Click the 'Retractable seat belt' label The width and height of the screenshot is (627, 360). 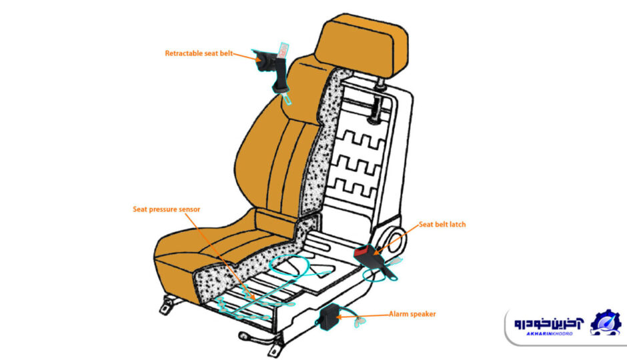point(199,53)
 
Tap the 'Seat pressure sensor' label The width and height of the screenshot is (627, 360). point(166,209)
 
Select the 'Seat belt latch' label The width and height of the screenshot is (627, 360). point(442,225)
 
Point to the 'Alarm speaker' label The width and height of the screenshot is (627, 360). point(412,314)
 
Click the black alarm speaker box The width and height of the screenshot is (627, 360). point(330,317)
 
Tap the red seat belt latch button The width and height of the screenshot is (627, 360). point(362,251)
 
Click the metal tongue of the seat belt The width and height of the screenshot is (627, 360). point(287,97)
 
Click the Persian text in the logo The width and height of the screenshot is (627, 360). point(548,323)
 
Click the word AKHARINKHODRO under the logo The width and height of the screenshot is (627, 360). point(549,333)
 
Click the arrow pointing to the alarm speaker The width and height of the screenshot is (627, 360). point(363,316)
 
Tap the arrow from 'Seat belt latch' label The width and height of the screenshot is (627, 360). point(396,239)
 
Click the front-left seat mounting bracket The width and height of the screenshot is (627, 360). point(167,305)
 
